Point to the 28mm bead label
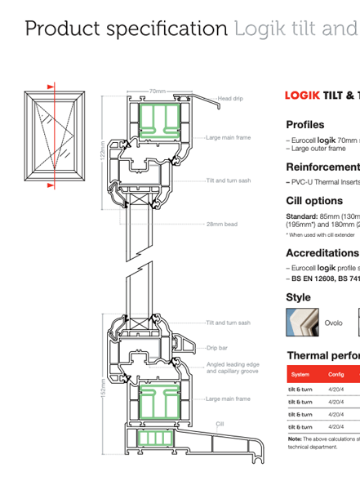[x=221, y=223]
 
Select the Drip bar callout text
[x=216, y=348]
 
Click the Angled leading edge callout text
[x=233, y=367]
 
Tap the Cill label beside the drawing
[x=220, y=424]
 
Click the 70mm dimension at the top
[x=157, y=91]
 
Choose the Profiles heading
[x=304, y=125]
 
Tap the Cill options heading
[x=314, y=201]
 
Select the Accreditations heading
[x=322, y=253]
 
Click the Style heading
[x=298, y=297]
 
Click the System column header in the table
[x=300, y=374]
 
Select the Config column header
[x=336, y=374]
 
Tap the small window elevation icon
[x=51, y=136]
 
